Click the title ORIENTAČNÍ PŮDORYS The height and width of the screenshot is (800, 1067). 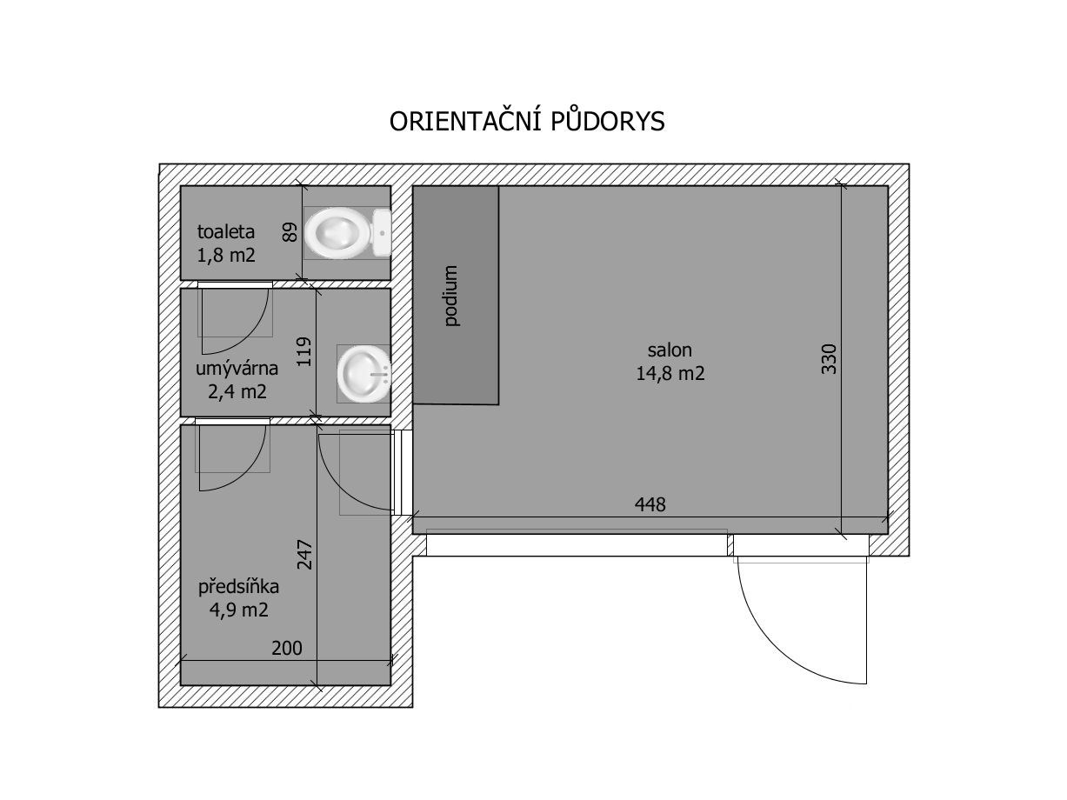[x=526, y=121]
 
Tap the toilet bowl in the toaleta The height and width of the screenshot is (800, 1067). [x=338, y=233]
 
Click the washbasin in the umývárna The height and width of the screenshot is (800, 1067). [x=363, y=374]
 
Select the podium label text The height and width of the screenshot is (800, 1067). [x=451, y=296]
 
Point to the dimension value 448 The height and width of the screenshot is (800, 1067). [x=650, y=504]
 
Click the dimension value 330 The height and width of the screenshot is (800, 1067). [x=829, y=359]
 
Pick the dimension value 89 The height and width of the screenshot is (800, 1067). [x=290, y=232]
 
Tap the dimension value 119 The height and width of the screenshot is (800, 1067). [x=303, y=352]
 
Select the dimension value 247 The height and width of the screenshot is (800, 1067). [x=304, y=555]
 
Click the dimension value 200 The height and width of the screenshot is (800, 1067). [x=287, y=648]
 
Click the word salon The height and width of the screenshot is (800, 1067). [x=670, y=350]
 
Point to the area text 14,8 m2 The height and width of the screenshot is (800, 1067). [x=670, y=373]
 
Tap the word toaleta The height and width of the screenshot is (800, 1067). [x=225, y=231]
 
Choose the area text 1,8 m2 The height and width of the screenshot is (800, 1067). [x=226, y=255]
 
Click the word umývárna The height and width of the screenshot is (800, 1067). [x=237, y=369]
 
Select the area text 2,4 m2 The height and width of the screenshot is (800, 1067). [x=237, y=391]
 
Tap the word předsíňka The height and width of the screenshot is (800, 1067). [x=238, y=587]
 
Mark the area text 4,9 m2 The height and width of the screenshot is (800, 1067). [x=238, y=610]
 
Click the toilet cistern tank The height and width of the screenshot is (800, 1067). [x=382, y=233]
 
